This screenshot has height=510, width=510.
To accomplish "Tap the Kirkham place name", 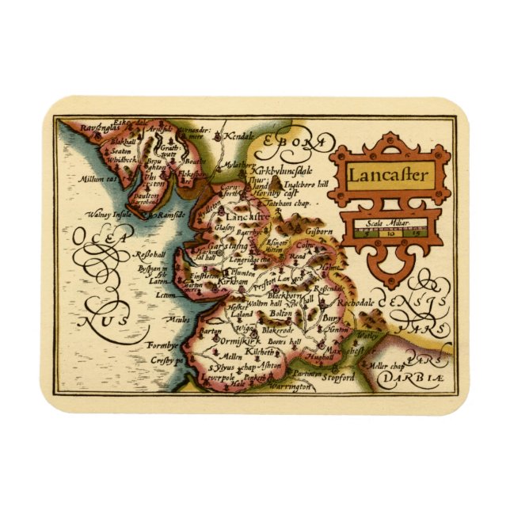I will click(236, 281).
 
